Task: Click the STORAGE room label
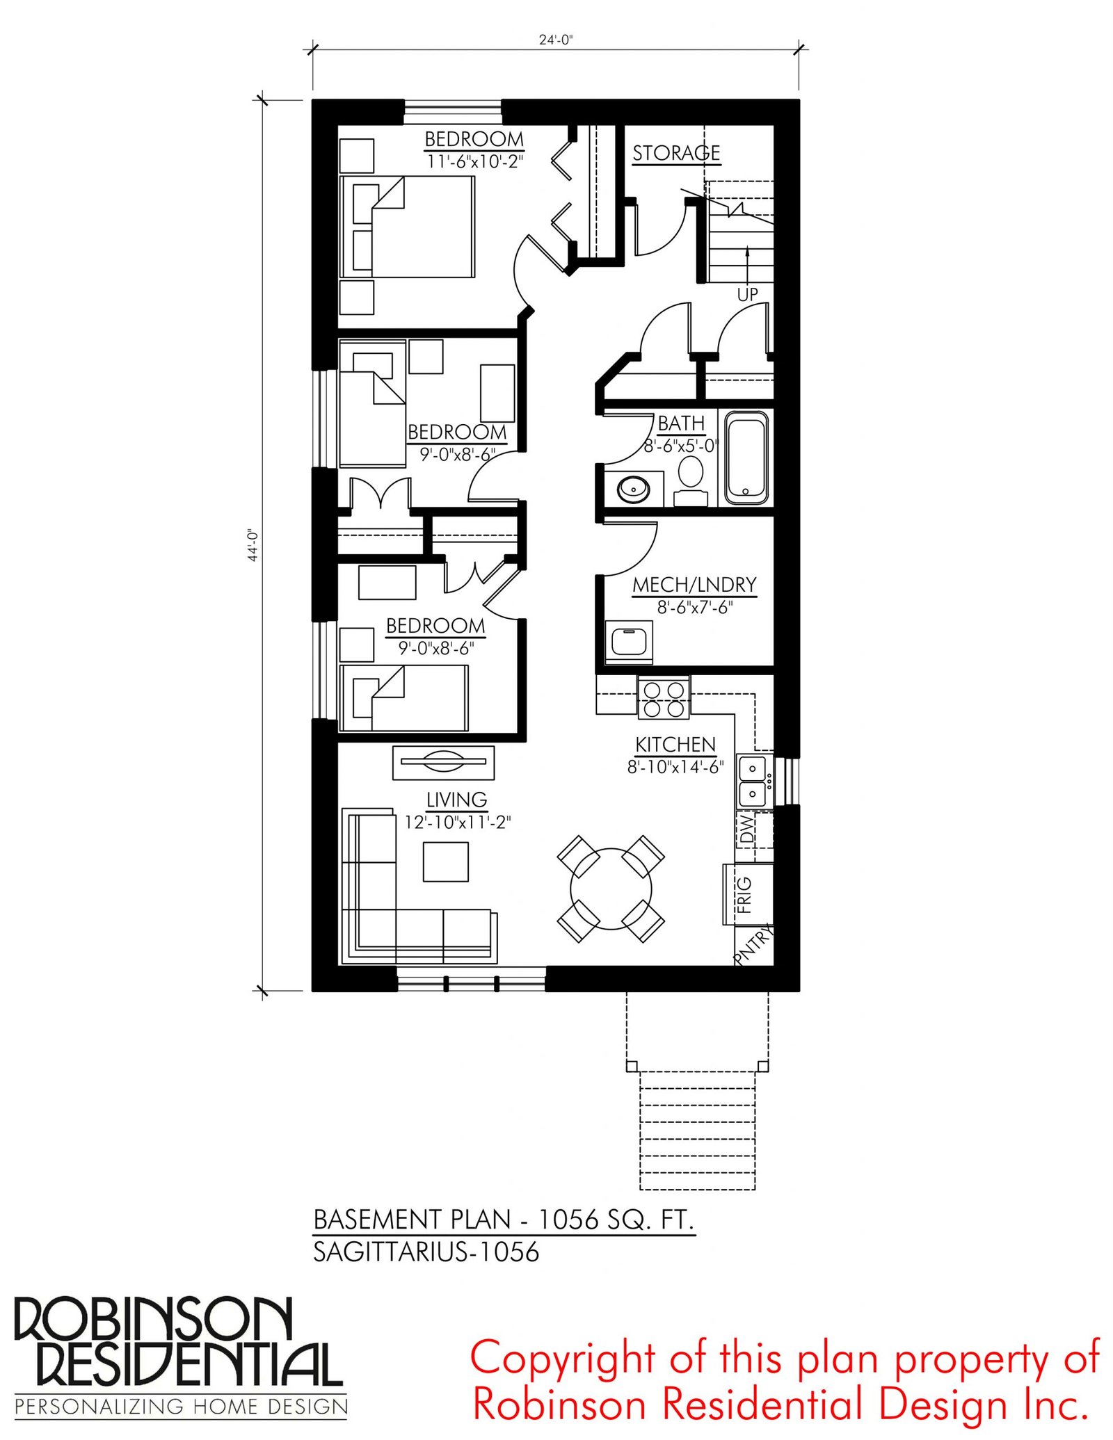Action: point(675,153)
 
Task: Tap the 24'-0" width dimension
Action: point(555,40)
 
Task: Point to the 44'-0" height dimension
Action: point(253,545)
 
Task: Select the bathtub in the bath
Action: point(747,458)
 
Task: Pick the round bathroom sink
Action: point(633,488)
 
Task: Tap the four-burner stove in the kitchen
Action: point(664,698)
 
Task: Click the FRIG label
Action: point(744,894)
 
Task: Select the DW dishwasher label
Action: point(746,830)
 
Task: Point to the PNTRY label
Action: point(754,944)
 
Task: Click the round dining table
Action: point(611,889)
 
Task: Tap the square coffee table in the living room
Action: point(445,861)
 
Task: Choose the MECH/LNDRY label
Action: point(694,585)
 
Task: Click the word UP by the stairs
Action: point(747,294)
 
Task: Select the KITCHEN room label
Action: point(675,745)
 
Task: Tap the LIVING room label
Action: point(456,800)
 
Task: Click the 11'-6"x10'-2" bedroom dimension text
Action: point(474,162)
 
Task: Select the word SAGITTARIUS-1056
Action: point(426,1252)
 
